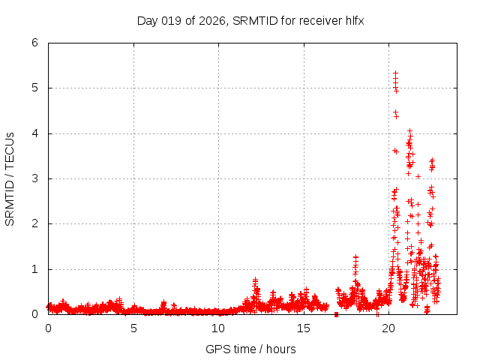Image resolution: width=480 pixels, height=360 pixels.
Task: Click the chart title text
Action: coord(250,20)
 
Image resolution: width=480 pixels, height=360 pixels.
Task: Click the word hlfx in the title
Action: coord(354,20)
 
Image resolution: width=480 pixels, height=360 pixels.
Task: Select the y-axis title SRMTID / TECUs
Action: coord(10,178)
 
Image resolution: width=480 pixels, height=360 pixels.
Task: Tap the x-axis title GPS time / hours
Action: coord(250,349)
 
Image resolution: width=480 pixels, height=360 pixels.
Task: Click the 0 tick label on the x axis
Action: coord(49,328)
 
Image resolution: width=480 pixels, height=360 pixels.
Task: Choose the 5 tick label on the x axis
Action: coord(133,328)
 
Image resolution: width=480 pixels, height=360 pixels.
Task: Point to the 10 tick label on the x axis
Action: coord(218,328)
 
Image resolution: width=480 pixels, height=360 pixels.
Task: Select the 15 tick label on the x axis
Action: coord(304,328)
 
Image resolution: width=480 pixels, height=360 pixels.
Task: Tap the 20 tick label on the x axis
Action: coord(388,328)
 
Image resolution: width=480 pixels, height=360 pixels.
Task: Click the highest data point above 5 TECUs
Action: coord(395,73)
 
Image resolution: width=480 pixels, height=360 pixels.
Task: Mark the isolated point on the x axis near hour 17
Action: coord(337,313)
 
